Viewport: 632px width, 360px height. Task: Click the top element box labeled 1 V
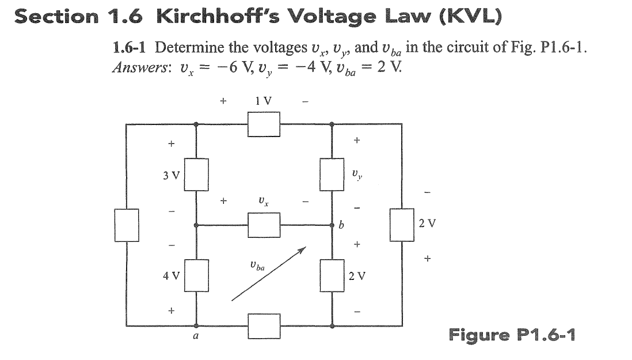tap(264, 124)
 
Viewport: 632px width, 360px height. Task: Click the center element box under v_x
tap(264, 225)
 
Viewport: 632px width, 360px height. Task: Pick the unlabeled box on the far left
tap(127, 225)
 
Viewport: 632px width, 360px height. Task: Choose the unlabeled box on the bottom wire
tap(264, 326)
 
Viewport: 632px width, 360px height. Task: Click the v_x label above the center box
tap(262, 202)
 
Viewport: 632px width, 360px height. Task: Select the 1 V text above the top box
tap(263, 100)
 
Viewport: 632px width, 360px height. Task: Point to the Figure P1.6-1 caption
tap(512, 334)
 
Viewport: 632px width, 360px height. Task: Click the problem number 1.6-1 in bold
tap(132, 47)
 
